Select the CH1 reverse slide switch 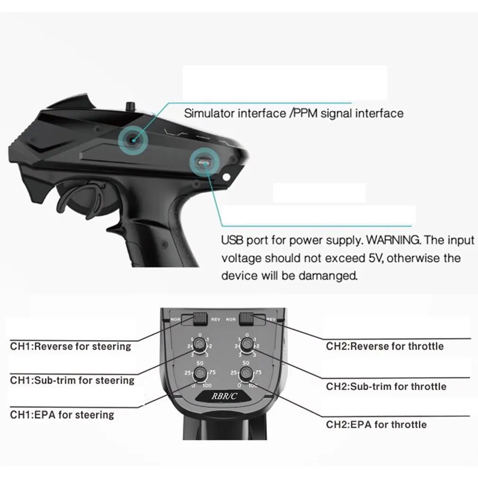[201, 319]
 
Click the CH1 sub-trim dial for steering [200, 347]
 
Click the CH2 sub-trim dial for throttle [246, 347]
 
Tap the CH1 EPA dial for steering [200, 374]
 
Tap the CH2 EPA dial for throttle [246, 374]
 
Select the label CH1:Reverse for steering [71, 346]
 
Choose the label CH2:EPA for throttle [376, 425]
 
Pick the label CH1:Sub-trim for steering [72, 380]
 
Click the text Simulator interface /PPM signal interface [293, 114]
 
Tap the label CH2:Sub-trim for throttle [386, 387]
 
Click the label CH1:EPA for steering [62, 415]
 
